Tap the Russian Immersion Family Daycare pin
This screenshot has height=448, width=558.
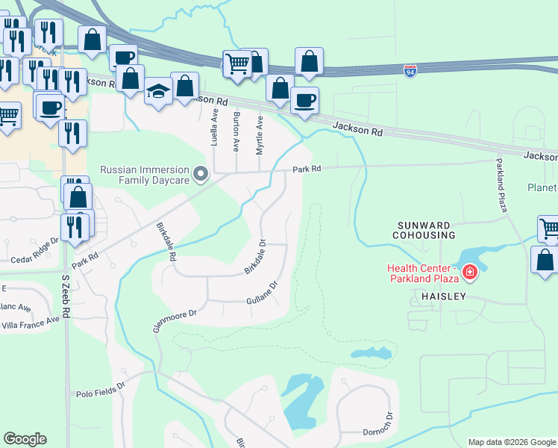point(201,175)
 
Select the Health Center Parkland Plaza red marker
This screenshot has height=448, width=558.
point(470,272)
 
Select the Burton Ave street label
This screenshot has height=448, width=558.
point(236,131)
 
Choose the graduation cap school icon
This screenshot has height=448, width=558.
point(158,92)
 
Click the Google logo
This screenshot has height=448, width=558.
point(25,439)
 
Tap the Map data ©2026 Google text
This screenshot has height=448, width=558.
point(511,442)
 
